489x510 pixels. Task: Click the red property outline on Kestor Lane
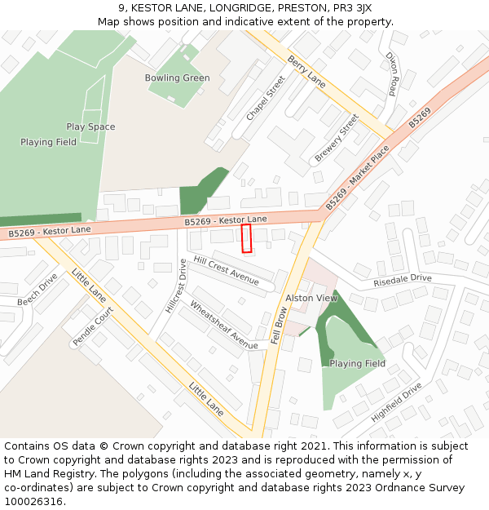click(x=247, y=238)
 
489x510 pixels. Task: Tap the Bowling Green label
click(x=177, y=78)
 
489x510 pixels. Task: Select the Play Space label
click(x=90, y=127)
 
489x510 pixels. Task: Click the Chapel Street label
click(x=266, y=98)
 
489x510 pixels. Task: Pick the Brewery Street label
click(x=337, y=137)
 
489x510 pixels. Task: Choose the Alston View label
click(x=311, y=299)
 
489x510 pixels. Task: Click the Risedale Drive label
click(x=403, y=279)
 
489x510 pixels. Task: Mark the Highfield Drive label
click(x=397, y=402)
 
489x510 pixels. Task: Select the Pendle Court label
click(x=93, y=327)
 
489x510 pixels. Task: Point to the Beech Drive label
click(x=37, y=290)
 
